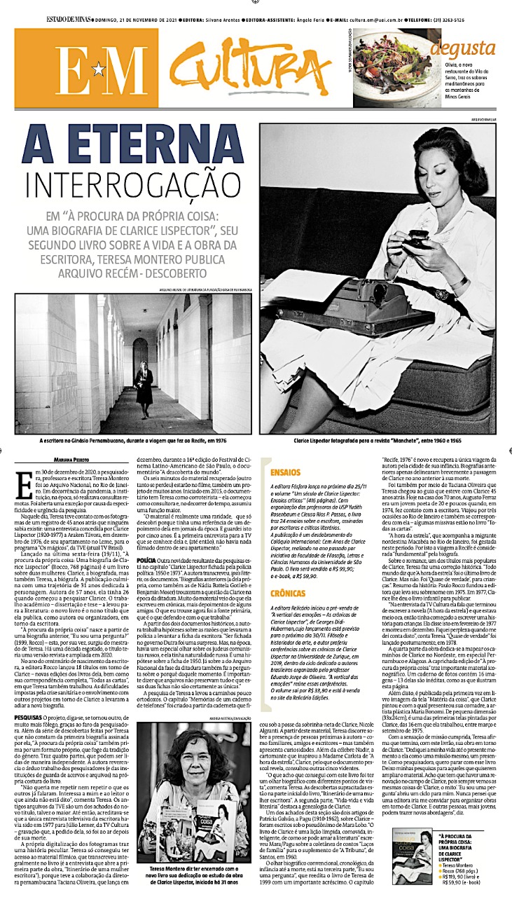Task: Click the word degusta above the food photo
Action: [x=462, y=48]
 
